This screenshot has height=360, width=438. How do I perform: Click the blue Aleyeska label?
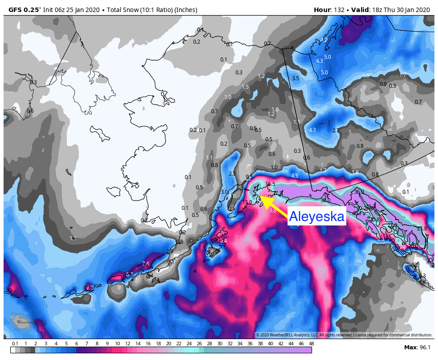[317, 217]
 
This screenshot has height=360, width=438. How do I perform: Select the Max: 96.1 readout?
[417, 347]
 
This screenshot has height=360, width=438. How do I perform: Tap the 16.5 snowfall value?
[270, 184]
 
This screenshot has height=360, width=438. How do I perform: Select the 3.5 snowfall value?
[295, 78]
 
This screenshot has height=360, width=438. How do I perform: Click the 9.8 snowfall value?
[272, 211]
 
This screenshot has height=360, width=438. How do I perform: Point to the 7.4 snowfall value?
[145, 264]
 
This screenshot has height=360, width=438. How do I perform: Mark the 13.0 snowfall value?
[247, 202]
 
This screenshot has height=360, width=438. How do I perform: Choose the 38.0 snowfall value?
[325, 200]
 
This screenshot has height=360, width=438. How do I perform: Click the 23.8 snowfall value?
[422, 229]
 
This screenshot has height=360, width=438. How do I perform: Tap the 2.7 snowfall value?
[336, 131]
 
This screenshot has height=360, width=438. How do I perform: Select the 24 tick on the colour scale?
[189, 343]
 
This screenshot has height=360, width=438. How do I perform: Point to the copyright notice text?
[344, 335]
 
